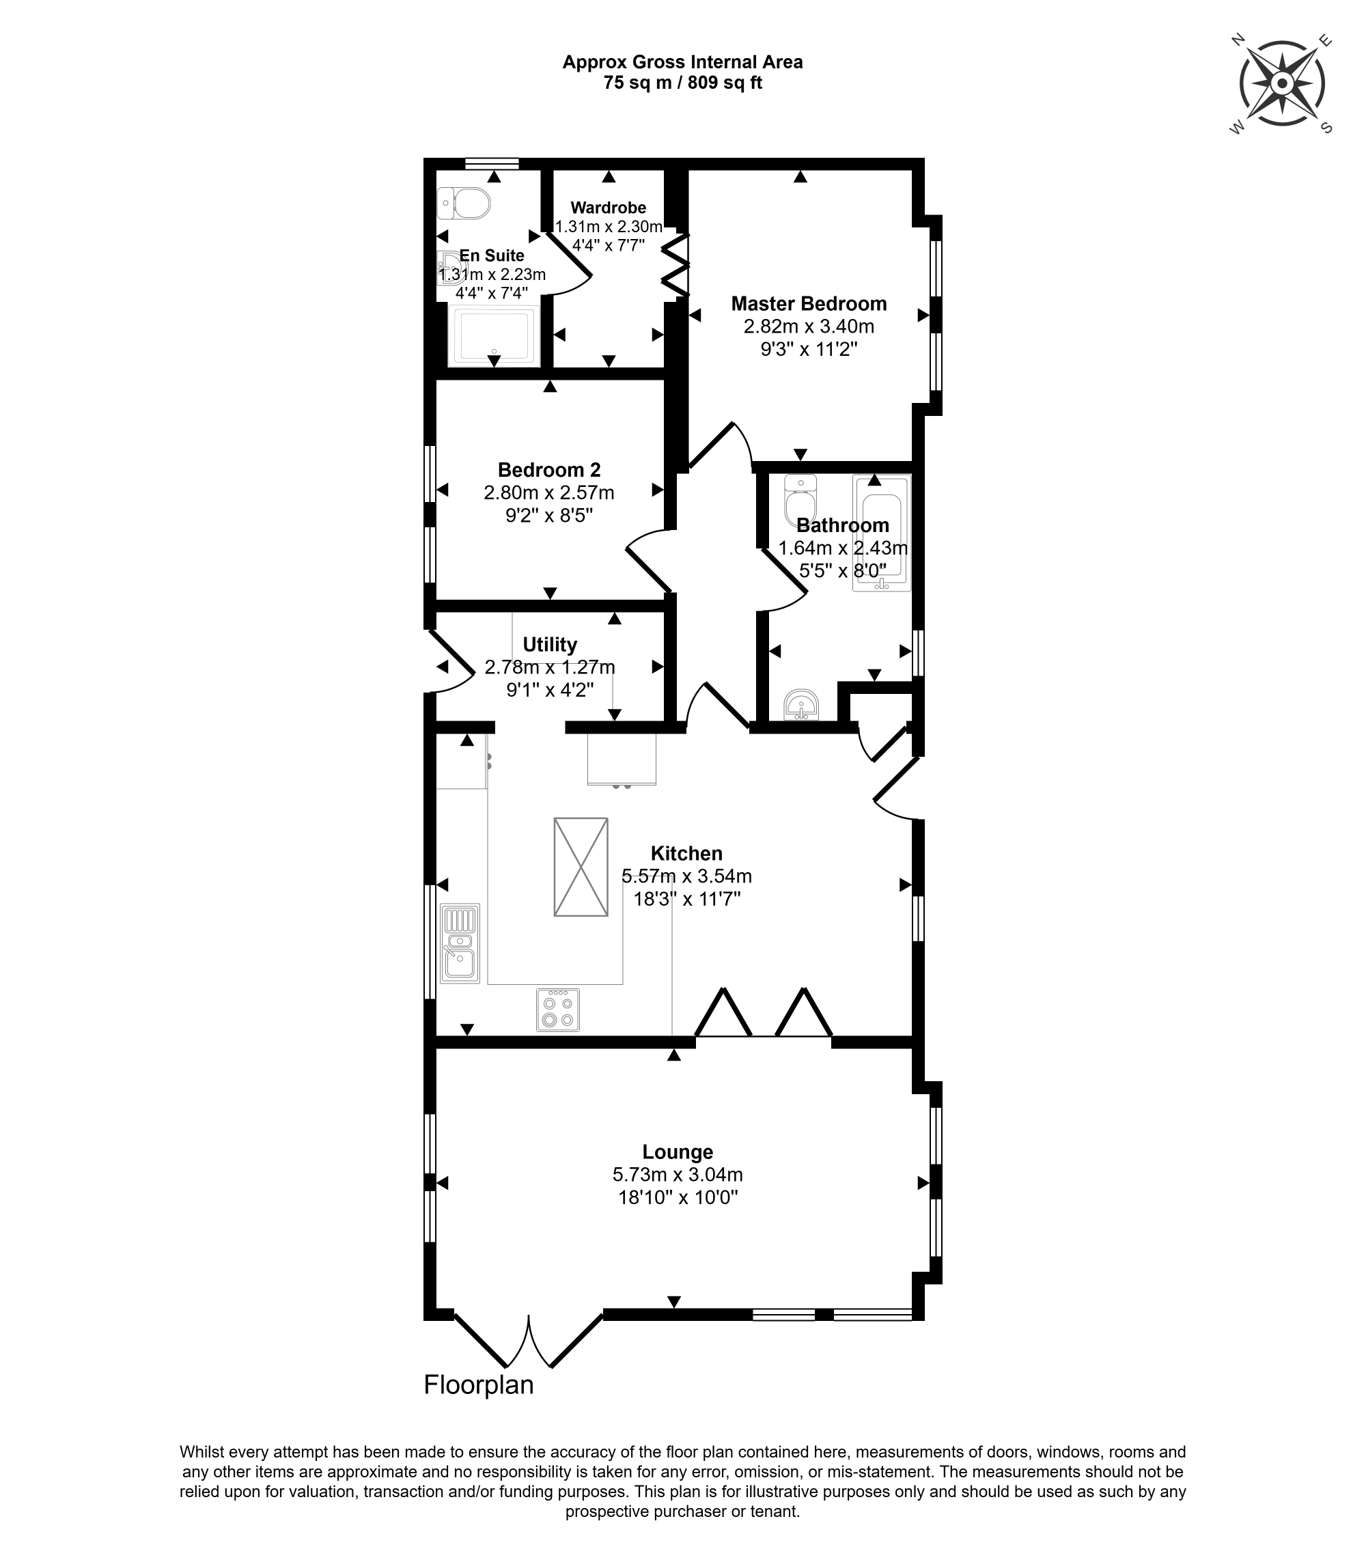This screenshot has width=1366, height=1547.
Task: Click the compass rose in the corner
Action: point(1282,83)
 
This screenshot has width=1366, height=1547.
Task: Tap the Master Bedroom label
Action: point(808,304)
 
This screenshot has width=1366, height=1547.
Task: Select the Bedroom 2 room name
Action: point(548,470)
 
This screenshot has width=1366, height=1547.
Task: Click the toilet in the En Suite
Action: point(464,204)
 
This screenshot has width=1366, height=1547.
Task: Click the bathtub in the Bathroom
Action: point(881,532)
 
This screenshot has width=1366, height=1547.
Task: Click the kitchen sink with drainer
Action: point(460,943)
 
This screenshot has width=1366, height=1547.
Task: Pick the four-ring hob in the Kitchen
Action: point(558,1009)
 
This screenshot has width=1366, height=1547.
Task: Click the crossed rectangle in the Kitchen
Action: point(581,867)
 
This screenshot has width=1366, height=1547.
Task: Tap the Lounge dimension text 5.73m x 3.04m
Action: point(678,1175)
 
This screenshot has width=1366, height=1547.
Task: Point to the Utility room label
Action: point(549,645)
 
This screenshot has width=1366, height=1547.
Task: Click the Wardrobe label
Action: point(609,208)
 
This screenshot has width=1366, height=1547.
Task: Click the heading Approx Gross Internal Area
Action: point(682,62)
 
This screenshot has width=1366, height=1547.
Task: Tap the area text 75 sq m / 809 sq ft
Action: point(682,83)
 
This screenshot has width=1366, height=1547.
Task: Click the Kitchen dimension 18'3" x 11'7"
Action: point(686,899)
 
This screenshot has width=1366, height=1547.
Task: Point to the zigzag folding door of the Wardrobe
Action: point(675,265)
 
